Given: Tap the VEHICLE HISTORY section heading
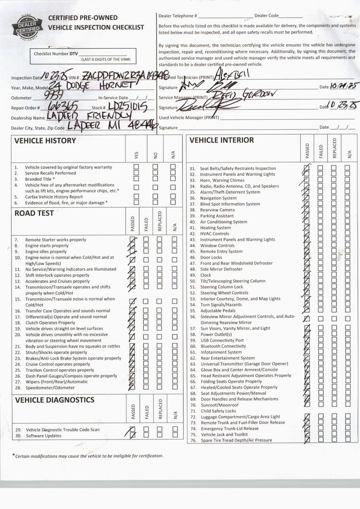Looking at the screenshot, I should tap(45, 141).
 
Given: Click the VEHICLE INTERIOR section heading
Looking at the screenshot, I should tap(222, 140).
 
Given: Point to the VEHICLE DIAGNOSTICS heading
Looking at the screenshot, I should tap(55, 400).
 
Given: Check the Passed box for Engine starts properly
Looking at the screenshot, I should tap(132, 246).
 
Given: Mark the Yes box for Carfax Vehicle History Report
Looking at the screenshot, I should tap(136, 196).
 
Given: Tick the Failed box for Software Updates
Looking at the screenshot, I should tap(146, 435).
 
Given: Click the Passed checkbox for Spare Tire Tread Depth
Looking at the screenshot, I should tap(306, 440).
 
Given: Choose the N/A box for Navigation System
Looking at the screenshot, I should tap(348, 198).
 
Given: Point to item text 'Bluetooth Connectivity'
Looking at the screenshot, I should tap(223, 346).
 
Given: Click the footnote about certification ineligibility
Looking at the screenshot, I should tap(88, 456).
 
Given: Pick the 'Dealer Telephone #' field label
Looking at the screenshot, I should tap(178, 16).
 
